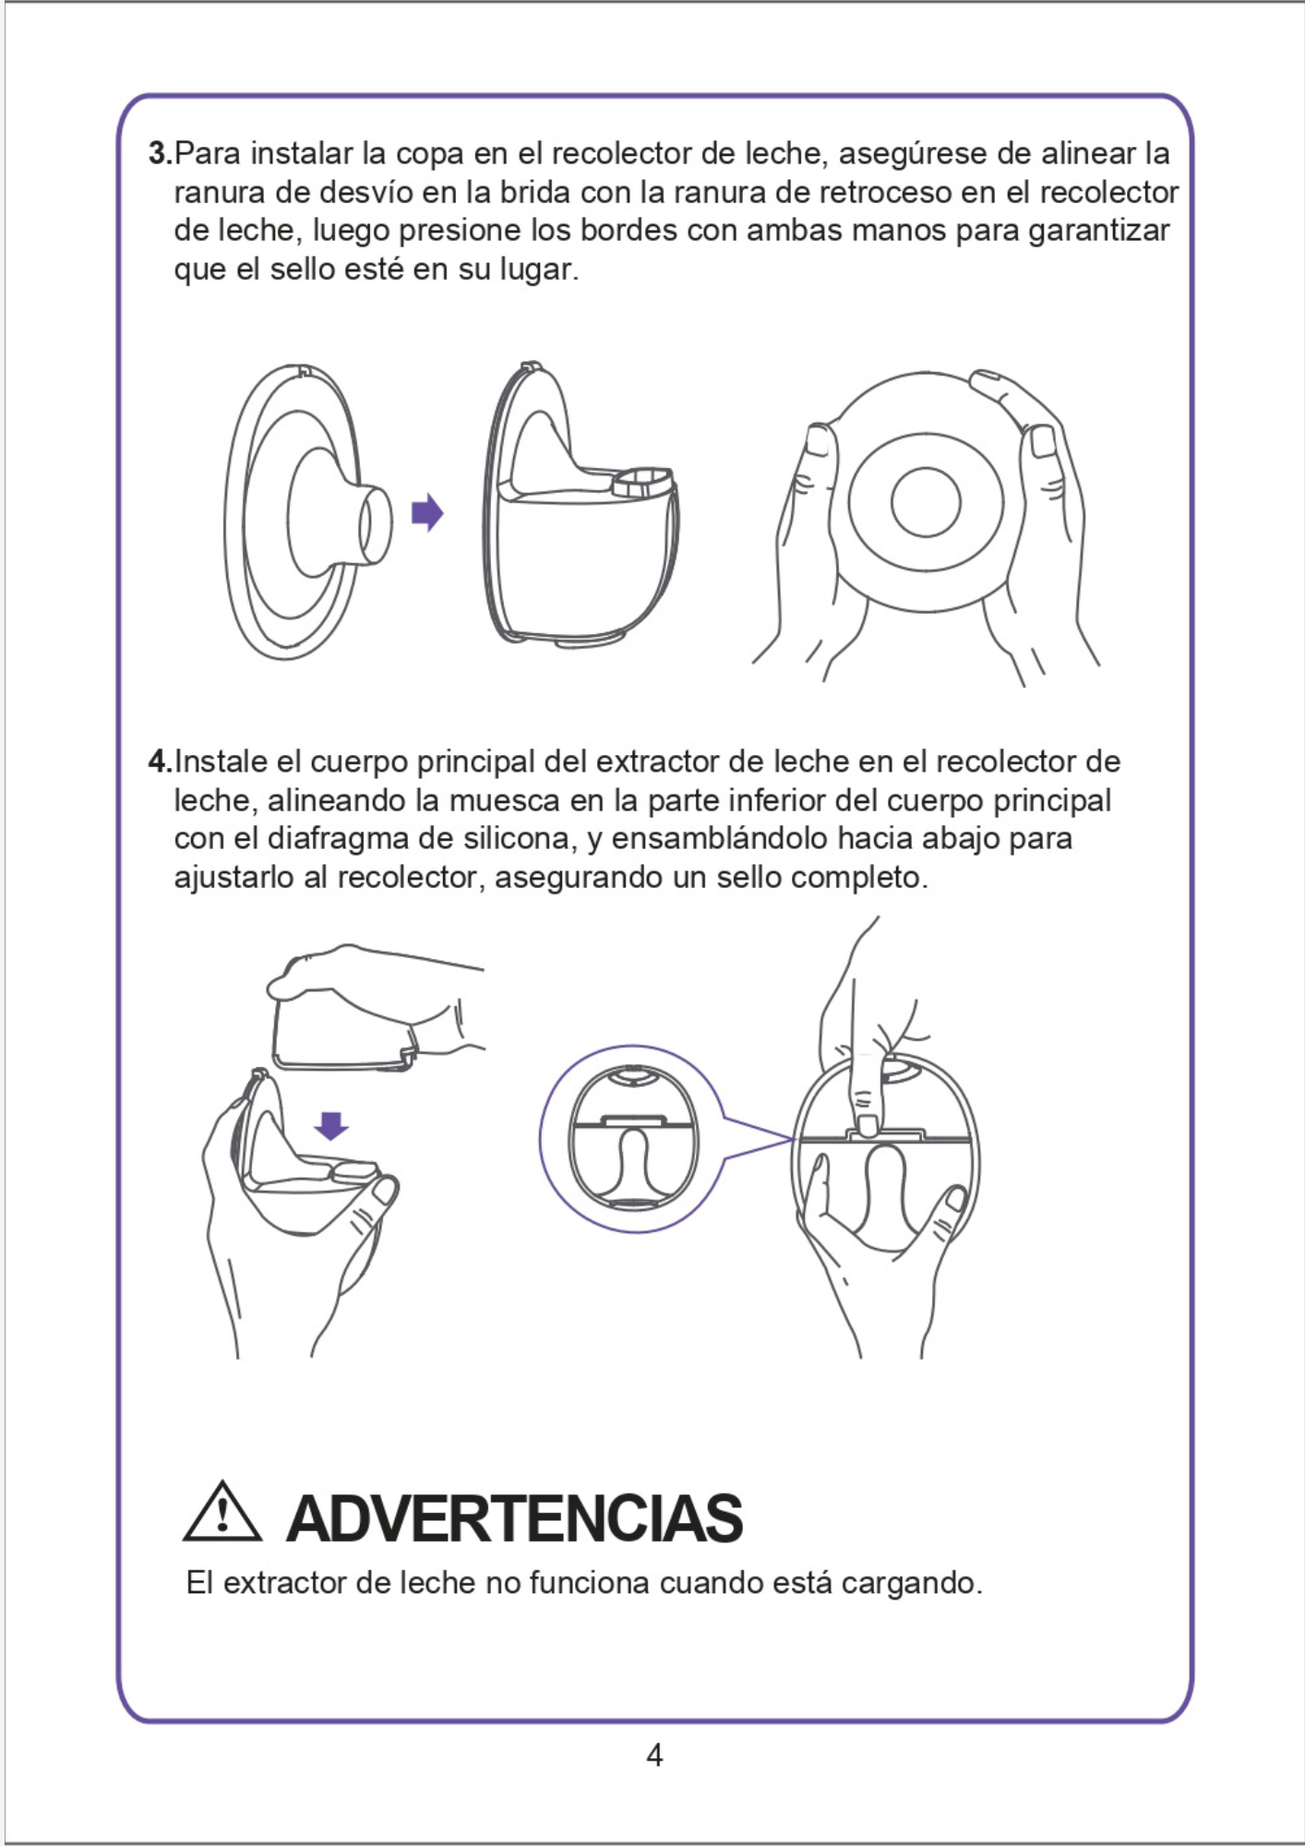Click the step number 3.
click(x=161, y=153)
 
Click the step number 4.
click(x=161, y=761)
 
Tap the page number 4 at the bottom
click(x=654, y=1755)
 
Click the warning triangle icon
click(x=222, y=1512)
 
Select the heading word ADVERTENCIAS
click(x=515, y=1518)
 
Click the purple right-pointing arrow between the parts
click(x=427, y=512)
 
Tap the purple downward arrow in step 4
click(x=331, y=1126)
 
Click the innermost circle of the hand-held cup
click(x=926, y=502)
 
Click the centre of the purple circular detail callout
click(x=632, y=1138)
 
